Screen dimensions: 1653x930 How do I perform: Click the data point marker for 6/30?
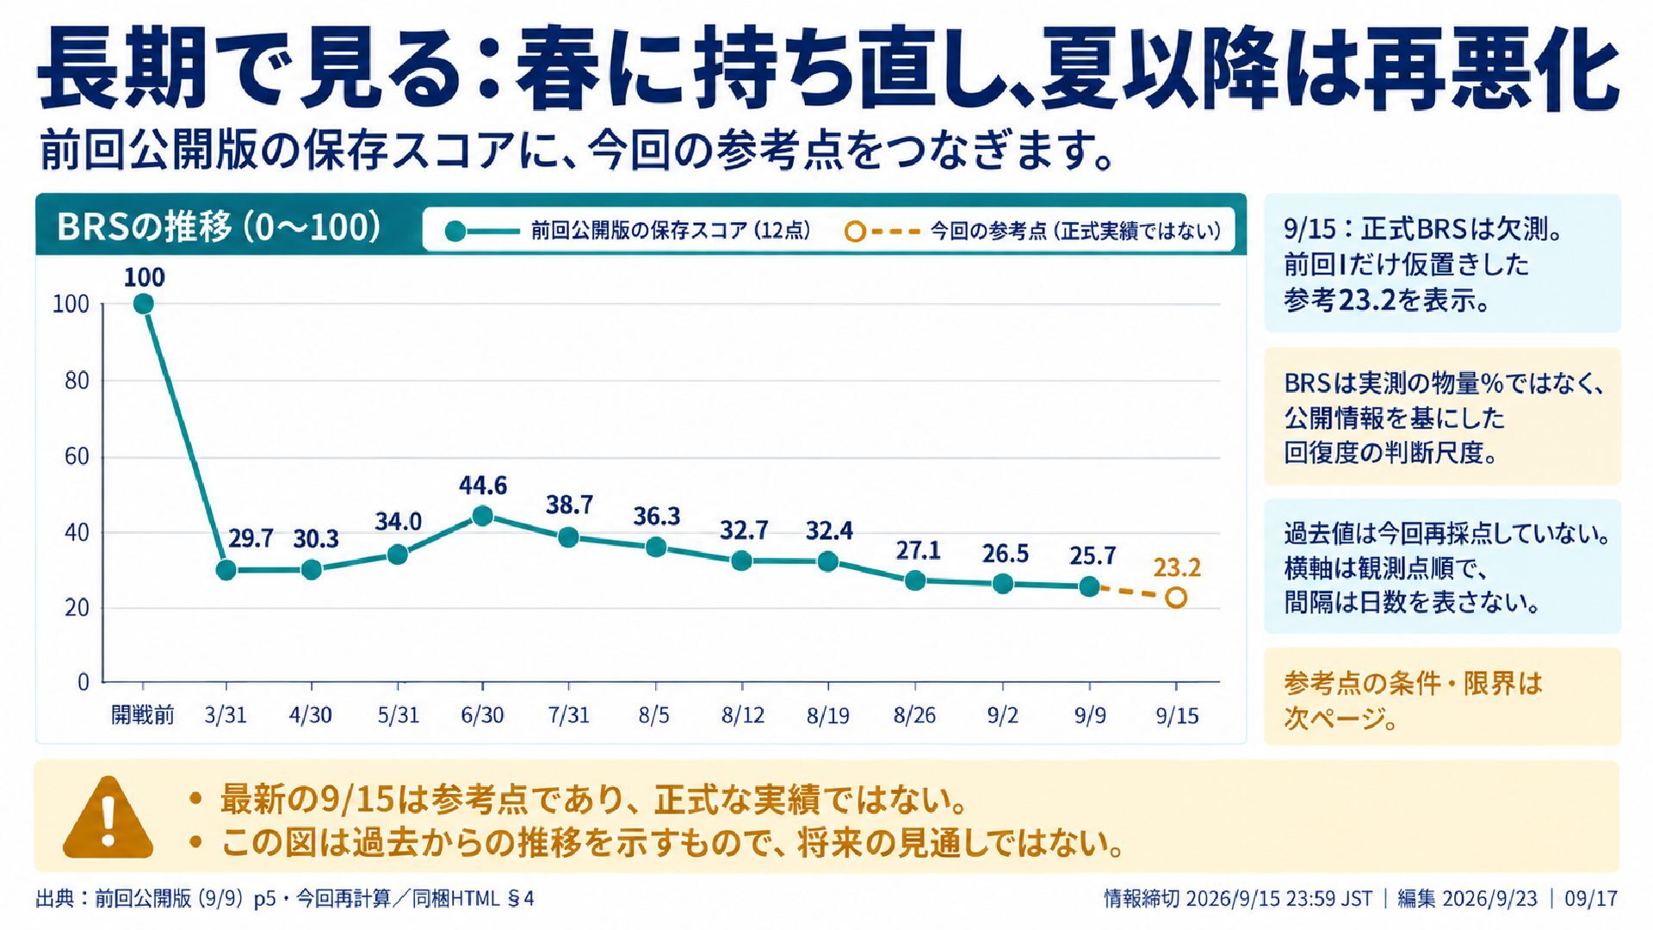pyautogui.click(x=483, y=516)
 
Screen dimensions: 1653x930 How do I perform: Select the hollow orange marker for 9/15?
pyautogui.click(x=1176, y=598)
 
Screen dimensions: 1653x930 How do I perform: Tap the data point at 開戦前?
pyautogui.click(x=144, y=304)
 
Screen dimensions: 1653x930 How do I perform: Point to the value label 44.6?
pyautogui.click(x=483, y=486)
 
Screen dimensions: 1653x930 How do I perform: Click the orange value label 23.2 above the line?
pyautogui.click(x=1177, y=568)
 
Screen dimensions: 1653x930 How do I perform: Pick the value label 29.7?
pyautogui.click(x=251, y=539)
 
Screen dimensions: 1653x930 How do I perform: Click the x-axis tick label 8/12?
pyautogui.click(x=743, y=716)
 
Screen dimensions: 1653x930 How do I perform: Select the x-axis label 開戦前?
pyautogui.click(x=143, y=715)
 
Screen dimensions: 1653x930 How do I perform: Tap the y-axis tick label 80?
pyautogui.click(x=77, y=381)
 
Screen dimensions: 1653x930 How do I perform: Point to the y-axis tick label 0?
pyautogui.click(x=83, y=683)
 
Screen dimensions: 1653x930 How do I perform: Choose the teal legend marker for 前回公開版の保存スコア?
pyautogui.click(x=455, y=232)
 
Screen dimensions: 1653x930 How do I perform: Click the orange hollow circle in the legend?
pyautogui.click(x=855, y=232)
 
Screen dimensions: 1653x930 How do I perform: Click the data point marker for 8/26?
pyautogui.click(x=915, y=581)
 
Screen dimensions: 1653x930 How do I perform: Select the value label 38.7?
pyautogui.click(x=569, y=505)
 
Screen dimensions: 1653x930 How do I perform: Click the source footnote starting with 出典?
pyautogui.click(x=285, y=899)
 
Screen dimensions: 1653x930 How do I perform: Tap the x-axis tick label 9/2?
pyautogui.click(x=1003, y=716)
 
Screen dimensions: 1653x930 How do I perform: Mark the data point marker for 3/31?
pyautogui.click(x=226, y=570)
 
